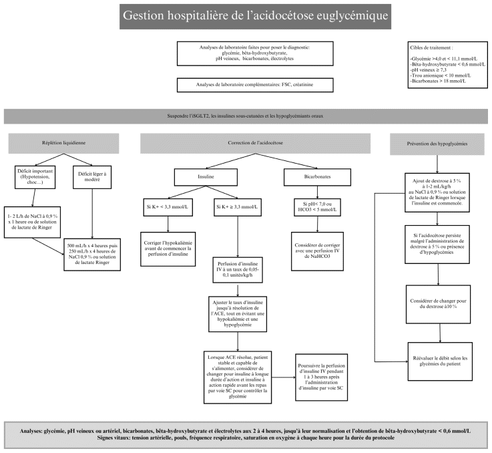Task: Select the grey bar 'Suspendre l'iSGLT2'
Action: tap(246, 116)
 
